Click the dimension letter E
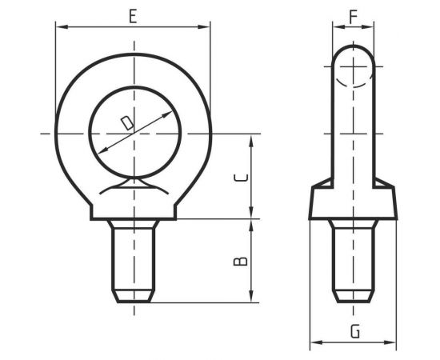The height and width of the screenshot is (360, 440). click(x=133, y=16)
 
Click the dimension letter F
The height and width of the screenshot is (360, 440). click(x=354, y=17)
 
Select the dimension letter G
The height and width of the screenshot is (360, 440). click(x=355, y=331)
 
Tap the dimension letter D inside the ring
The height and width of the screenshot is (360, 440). click(x=127, y=122)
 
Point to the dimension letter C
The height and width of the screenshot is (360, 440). click(x=241, y=178)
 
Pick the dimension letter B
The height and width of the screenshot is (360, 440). click(x=241, y=261)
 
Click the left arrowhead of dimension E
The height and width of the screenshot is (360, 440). click(x=62, y=27)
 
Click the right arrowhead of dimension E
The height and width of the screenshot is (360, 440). click(x=204, y=27)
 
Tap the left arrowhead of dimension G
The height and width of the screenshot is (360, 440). click(x=316, y=342)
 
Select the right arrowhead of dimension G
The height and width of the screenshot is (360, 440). click(x=390, y=342)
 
